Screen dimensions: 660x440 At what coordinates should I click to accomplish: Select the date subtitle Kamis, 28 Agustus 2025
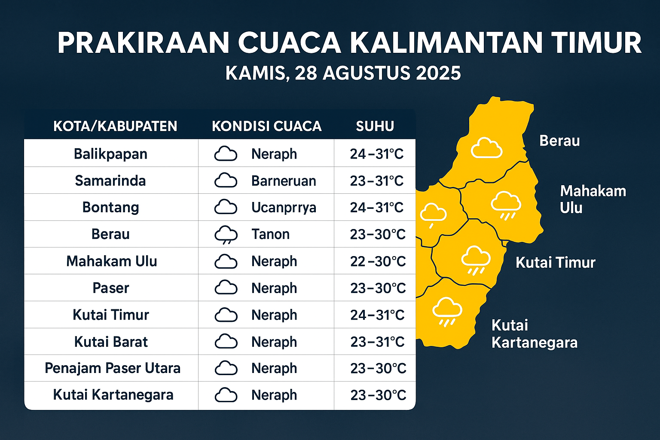coord(343,73)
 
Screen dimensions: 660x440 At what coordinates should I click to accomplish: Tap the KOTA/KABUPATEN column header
coord(115,126)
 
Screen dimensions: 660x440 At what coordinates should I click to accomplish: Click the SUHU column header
coord(375,126)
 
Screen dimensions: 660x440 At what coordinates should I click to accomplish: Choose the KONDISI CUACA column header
coord(267,126)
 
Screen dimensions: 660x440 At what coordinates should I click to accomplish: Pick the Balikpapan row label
coord(110,154)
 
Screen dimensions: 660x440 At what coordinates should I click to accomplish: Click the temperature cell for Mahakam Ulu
coord(378,261)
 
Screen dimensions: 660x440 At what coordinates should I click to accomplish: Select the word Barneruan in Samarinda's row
coord(284,180)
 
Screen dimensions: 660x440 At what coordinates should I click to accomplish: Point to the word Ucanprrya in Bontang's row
coord(284,208)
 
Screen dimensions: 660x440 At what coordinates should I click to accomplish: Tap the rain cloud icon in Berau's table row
coord(226,235)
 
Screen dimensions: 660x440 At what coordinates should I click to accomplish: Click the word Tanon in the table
coord(270,234)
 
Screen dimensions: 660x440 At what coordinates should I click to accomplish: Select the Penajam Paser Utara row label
coord(113,368)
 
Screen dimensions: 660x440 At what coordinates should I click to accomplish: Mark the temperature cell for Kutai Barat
coord(377,342)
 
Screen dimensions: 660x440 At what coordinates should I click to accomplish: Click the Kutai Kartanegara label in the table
coord(113,395)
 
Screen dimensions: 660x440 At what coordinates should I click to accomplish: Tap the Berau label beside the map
coord(559,141)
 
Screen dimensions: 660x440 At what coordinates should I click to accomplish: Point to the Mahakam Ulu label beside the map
coord(593,199)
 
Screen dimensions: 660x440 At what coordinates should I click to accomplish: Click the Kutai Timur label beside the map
coord(556,263)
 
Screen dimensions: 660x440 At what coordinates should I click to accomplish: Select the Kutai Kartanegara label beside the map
coord(535,334)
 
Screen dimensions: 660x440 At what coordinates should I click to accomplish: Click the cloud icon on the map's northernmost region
coord(486,148)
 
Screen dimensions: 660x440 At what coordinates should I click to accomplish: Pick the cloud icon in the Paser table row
coord(226,287)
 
